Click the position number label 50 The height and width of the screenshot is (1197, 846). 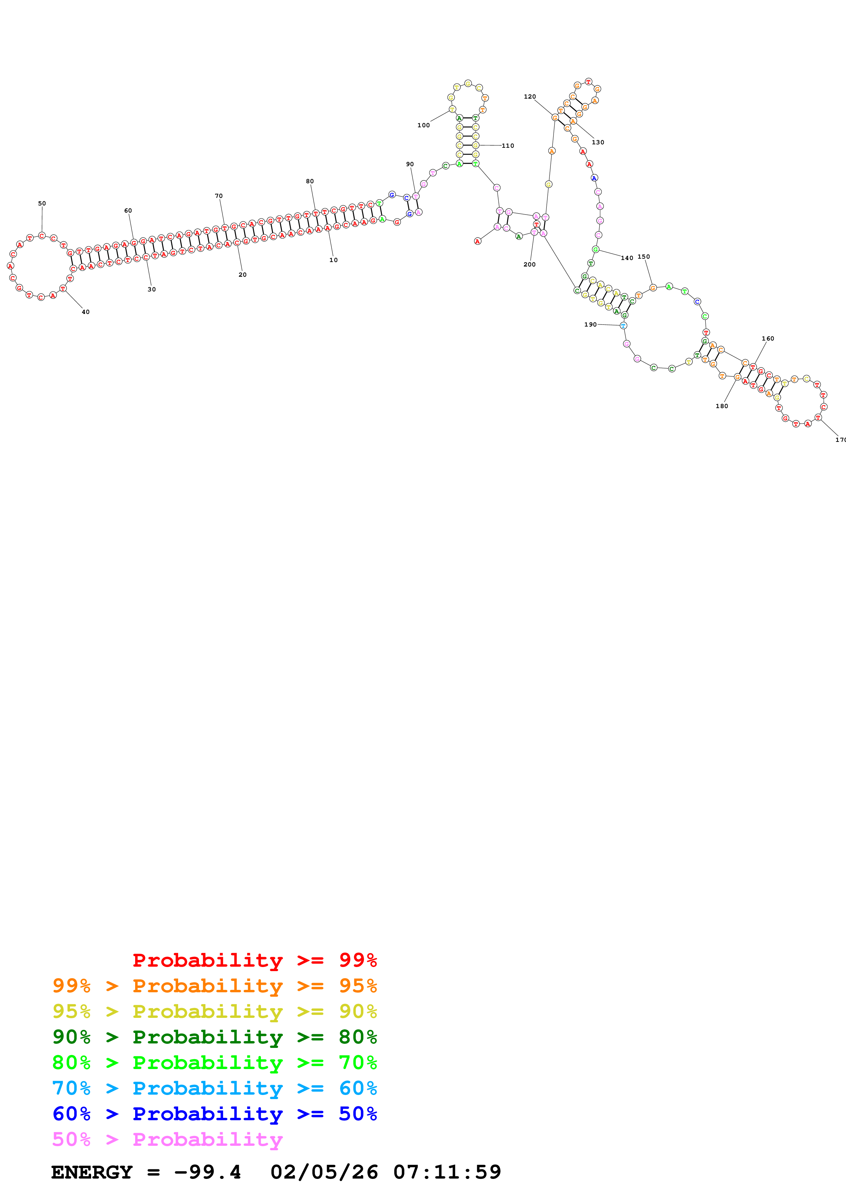click(42, 203)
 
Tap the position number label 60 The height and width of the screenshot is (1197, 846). click(128, 211)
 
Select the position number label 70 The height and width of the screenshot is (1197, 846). click(218, 196)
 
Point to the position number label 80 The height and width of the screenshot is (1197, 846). click(310, 182)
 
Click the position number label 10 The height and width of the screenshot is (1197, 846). click(333, 260)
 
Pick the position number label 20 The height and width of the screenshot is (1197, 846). click(242, 274)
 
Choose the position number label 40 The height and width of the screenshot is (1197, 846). click(85, 312)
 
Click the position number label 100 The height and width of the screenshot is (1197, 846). click(423, 125)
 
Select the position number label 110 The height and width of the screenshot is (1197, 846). click(508, 145)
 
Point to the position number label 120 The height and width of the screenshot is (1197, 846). click(530, 97)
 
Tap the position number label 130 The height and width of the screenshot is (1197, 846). click(598, 142)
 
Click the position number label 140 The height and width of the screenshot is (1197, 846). click(627, 258)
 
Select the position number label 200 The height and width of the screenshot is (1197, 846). click(529, 264)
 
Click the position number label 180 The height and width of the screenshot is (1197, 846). click(721, 406)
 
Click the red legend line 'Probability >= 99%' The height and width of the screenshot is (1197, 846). click(254, 960)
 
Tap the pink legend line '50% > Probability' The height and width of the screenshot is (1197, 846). click(167, 1140)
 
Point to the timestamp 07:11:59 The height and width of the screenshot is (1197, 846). click(447, 1172)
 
